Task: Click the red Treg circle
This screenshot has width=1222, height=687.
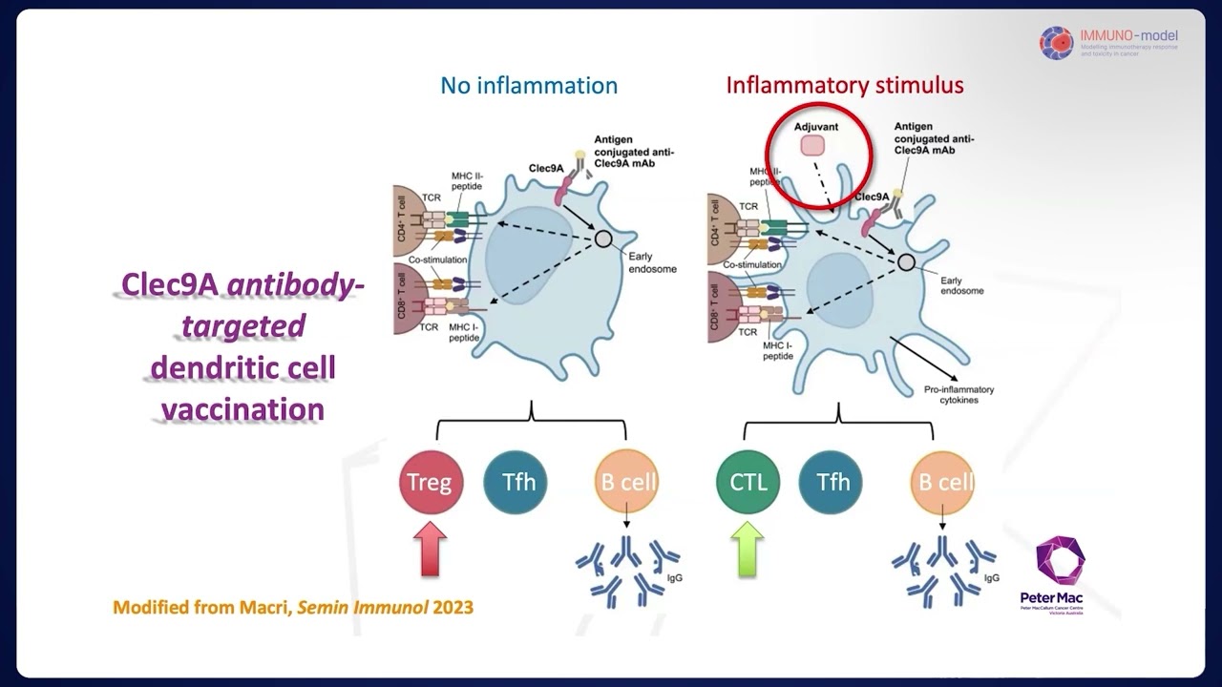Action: click(430, 482)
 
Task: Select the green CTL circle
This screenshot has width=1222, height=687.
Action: click(748, 482)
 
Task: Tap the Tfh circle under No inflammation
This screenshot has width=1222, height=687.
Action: click(516, 482)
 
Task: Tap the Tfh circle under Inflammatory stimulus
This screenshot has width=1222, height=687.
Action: click(832, 482)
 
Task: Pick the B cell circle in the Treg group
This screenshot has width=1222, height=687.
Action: click(627, 482)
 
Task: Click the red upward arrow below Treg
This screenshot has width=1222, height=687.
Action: click(430, 551)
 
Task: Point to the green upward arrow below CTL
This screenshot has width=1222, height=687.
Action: click(748, 551)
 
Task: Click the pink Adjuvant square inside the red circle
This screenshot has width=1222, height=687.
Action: click(813, 145)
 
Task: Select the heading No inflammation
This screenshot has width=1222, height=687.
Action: click(529, 85)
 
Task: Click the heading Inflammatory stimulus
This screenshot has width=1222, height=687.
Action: click(845, 85)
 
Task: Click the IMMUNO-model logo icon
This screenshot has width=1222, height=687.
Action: click(1057, 43)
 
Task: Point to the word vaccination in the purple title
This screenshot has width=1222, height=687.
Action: click(242, 409)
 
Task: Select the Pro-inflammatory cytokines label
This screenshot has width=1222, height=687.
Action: click(959, 394)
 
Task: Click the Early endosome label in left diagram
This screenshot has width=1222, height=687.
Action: click(652, 262)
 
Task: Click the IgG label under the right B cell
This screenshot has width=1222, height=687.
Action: click(992, 577)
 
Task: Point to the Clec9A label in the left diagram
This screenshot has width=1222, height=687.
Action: click(546, 168)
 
